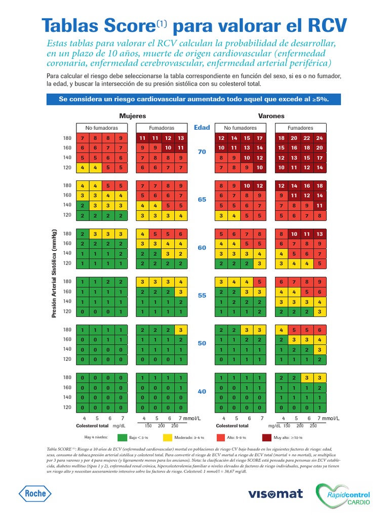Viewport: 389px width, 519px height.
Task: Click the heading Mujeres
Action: [x=132, y=116]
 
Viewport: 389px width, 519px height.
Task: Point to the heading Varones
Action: [x=271, y=116]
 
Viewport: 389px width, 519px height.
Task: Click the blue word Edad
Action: [x=202, y=128]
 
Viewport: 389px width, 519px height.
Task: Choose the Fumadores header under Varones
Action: [x=300, y=128]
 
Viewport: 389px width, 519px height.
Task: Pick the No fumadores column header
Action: [x=241, y=128]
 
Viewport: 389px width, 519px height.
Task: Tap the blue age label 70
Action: [x=202, y=152]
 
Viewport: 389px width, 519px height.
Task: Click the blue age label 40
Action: [x=202, y=392]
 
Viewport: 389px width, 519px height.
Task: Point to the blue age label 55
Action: [x=202, y=295]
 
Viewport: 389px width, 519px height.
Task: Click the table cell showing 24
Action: [x=319, y=138]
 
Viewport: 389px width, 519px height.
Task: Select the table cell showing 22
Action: [x=307, y=138]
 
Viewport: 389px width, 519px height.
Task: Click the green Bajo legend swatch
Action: [x=122, y=437]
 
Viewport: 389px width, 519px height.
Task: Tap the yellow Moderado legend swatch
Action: [x=168, y=437]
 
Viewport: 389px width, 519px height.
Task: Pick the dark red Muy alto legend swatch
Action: [x=267, y=437]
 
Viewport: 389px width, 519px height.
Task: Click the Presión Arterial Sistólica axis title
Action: [x=53, y=273]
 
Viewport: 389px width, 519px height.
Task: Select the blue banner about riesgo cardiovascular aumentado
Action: [x=194, y=99]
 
